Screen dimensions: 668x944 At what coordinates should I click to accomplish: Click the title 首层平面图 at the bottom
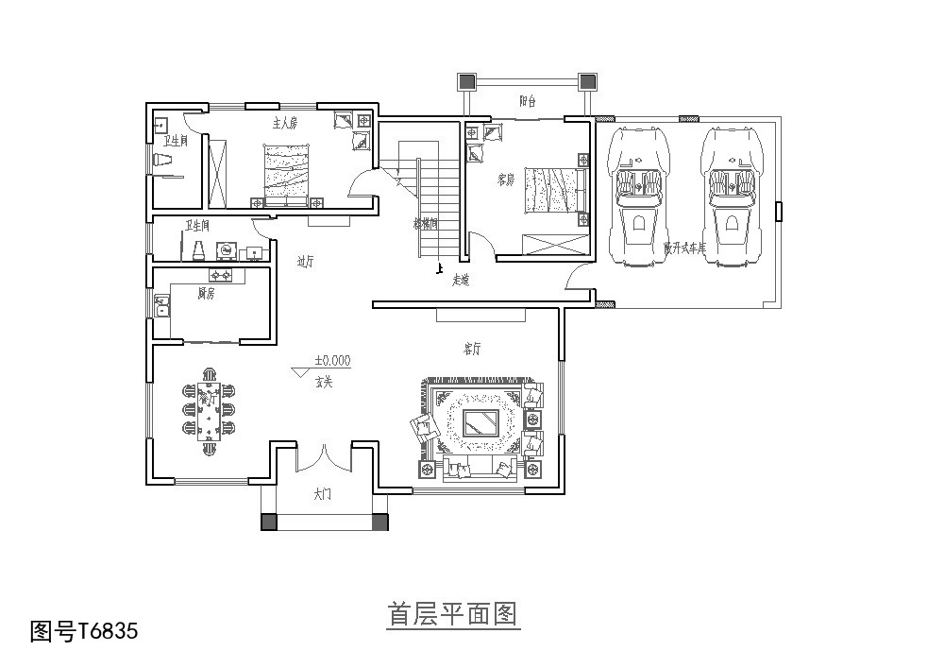coord(452,615)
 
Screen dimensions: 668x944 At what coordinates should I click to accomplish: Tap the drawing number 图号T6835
coord(84,630)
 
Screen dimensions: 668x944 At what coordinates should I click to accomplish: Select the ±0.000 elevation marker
coord(331,360)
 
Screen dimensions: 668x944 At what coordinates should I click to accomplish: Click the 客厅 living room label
coord(472,349)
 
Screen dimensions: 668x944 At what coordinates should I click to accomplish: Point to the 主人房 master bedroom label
coord(285,124)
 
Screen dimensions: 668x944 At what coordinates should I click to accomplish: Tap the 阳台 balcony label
coord(528,101)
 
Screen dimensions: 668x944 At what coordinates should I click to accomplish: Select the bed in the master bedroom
coord(286,175)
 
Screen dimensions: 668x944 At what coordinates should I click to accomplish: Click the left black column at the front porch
coord(269,522)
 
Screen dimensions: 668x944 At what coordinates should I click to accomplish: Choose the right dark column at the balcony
coord(586,81)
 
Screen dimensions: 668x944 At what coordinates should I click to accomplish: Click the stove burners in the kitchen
coord(221,276)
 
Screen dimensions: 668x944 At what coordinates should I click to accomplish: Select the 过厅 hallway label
coord(306,262)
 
